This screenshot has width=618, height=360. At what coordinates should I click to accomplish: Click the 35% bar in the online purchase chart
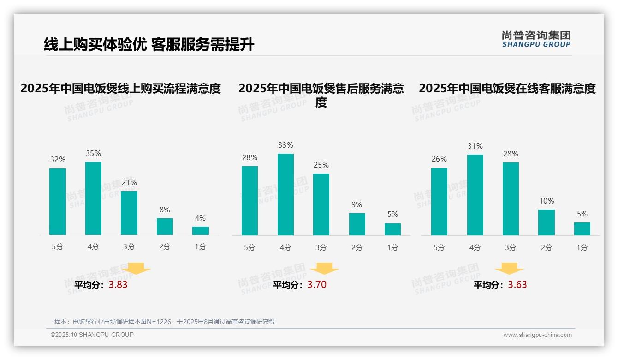(93, 198)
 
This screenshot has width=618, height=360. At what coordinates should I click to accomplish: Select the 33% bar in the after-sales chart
(285, 194)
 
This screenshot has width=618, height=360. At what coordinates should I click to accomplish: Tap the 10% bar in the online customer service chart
(547, 222)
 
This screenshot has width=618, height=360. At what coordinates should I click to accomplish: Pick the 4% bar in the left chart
(201, 231)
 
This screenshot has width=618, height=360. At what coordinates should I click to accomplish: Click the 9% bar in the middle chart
(357, 224)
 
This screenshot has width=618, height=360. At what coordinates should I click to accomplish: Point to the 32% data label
(58, 160)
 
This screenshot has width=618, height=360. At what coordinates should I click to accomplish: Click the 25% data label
(321, 165)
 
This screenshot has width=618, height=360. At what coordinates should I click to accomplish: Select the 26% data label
(439, 159)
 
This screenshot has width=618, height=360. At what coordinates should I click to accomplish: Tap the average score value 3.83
(118, 285)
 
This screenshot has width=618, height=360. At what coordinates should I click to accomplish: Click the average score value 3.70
(317, 285)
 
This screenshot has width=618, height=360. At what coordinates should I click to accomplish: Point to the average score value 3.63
(517, 285)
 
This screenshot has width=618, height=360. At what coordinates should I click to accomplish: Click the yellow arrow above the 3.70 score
(325, 268)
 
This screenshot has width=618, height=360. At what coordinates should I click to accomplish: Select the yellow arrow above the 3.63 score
(509, 268)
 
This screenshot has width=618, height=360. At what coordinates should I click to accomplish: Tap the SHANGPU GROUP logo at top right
(536, 39)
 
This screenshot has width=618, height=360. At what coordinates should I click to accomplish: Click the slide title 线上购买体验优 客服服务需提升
(149, 45)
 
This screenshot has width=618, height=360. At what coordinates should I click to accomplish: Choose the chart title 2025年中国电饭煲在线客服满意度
(507, 88)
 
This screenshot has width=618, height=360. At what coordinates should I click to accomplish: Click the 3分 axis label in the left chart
(129, 247)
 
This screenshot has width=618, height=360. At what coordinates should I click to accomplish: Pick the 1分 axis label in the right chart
(582, 248)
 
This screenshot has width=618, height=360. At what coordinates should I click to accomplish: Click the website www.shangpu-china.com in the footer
(537, 335)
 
